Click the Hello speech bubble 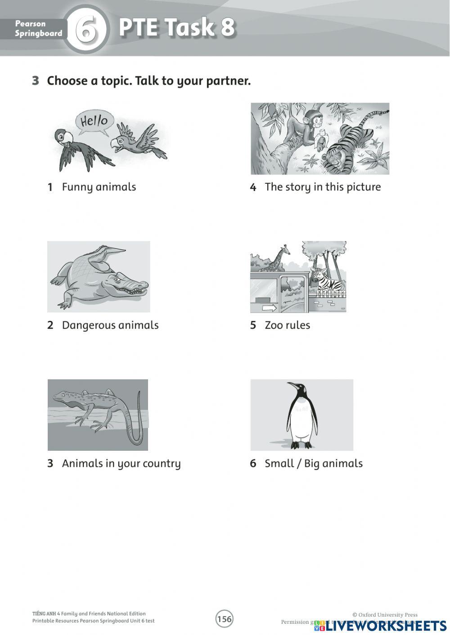click(x=94, y=120)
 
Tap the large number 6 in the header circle click(x=86, y=30)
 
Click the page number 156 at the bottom click(x=224, y=619)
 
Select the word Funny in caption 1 click(x=76, y=187)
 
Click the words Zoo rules click(x=287, y=325)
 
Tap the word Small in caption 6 click(x=278, y=463)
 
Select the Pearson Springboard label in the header click(x=38, y=29)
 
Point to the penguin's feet click(x=301, y=444)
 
